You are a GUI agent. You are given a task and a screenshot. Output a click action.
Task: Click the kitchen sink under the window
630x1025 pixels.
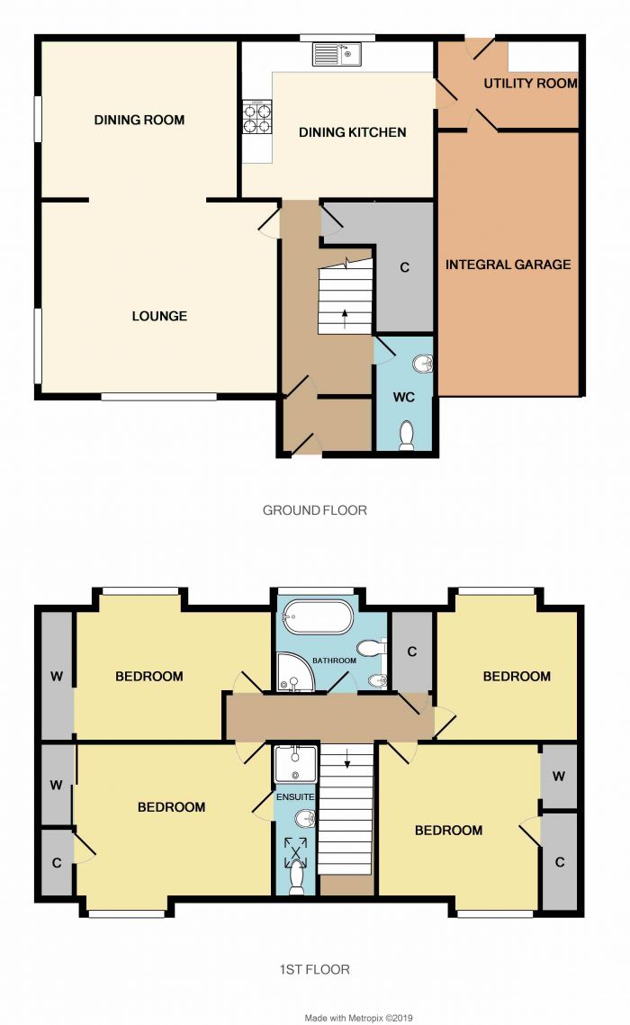pyautogui.click(x=336, y=55)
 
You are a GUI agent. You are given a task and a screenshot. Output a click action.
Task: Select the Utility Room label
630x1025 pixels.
pyautogui.click(x=530, y=84)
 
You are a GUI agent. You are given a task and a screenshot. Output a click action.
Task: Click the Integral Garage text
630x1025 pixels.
pyautogui.click(x=508, y=265)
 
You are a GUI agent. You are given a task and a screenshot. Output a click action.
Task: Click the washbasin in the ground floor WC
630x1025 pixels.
pyautogui.click(x=422, y=364)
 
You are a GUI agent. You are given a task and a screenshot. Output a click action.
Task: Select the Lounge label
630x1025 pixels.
pyautogui.click(x=159, y=316)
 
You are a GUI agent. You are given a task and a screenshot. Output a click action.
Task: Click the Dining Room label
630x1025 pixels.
pyautogui.click(x=139, y=120)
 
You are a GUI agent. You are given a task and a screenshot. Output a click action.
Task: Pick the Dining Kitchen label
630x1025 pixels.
pyautogui.click(x=352, y=132)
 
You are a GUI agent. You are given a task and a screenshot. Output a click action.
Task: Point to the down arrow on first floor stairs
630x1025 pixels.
pyautogui.click(x=346, y=763)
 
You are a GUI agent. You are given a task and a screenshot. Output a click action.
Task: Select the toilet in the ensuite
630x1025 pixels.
pyautogui.click(x=296, y=876)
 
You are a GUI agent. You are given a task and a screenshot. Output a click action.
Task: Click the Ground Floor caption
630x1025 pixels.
pyautogui.click(x=314, y=510)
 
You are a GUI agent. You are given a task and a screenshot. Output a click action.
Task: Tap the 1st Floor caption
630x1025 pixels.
pyautogui.click(x=314, y=969)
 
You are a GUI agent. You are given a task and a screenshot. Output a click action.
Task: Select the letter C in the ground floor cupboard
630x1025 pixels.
pyautogui.click(x=404, y=267)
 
